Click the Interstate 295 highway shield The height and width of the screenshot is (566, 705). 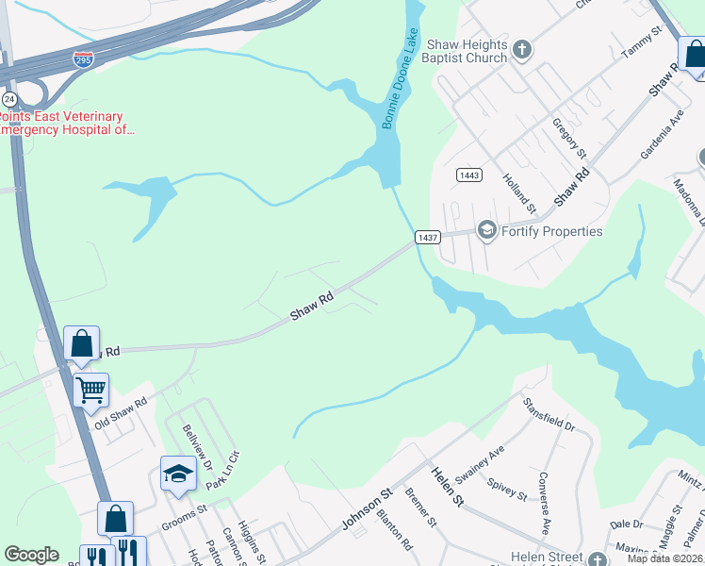83,60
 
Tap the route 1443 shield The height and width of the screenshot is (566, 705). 468,175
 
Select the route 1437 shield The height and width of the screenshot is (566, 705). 427,238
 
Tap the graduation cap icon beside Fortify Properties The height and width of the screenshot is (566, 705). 486,230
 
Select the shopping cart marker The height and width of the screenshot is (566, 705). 90,388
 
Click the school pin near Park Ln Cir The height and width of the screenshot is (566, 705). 177,474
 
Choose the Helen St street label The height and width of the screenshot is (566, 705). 448,488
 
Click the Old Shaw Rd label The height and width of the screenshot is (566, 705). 121,414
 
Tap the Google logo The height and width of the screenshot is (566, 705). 31,555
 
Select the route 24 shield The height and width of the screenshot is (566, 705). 9,98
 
